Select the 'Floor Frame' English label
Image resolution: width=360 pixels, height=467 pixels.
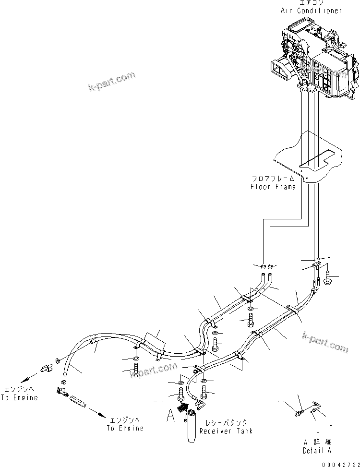tap(273, 187)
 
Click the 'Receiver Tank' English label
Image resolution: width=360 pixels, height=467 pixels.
tap(226, 431)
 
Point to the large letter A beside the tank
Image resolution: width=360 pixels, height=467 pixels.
tap(171, 415)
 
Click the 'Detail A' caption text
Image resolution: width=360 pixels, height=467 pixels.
tap(317, 450)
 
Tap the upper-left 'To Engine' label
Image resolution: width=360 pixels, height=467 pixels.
tap(19, 398)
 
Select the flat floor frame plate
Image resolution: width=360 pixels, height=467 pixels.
tap(307, 156)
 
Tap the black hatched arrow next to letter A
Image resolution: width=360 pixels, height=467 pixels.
tap(182, 408)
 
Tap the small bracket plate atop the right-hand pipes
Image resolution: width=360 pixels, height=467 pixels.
tap(317, 263)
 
